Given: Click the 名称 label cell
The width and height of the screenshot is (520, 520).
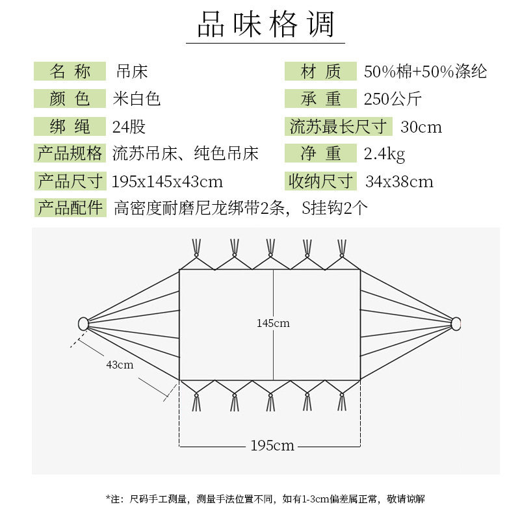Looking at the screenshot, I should [70, 71].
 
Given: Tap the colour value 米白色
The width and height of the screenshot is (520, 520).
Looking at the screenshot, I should [136, 99].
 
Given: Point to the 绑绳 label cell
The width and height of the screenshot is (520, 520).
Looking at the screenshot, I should [70, 126].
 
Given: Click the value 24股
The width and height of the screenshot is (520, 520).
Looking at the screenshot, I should [129, 126].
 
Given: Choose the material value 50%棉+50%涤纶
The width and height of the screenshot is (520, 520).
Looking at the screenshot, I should [425, 71].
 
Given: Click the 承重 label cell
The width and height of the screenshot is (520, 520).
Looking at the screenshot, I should [320, 99].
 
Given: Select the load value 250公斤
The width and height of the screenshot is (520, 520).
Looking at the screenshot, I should [393, 99].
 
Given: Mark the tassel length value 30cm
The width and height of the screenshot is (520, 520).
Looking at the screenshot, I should [421, 126].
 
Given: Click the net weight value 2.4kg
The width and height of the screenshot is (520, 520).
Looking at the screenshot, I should [384, 154].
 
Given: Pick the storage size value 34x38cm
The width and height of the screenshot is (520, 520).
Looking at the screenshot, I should [399, 181].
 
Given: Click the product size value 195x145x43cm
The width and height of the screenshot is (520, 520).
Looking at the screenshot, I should [167, 181].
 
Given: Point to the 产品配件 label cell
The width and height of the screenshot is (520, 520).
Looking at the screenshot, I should [70, 209].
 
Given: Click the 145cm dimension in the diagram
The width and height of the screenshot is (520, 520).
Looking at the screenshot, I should [273, 323].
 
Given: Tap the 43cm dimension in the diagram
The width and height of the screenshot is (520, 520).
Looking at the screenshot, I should [120, 365].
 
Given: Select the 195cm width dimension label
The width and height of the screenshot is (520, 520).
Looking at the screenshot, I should [272, 445].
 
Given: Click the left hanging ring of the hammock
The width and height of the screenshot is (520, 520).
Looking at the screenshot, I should [83, 323].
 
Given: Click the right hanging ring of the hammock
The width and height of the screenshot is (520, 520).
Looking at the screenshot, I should [456, 323].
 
